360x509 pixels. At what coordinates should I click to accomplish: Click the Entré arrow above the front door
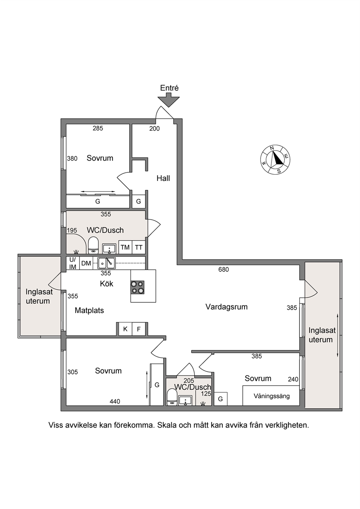(x=169, y=100)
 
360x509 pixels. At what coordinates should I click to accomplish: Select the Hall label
(x=163, y=178)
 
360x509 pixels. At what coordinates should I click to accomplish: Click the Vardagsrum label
(x=226, y=307)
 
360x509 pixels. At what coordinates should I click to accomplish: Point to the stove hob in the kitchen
(x=137, y=287)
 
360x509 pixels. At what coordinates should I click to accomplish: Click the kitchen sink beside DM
(x=107, y=263)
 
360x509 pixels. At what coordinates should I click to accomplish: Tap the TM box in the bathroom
(x=125, y=247)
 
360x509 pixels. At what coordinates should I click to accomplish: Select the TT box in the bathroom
(x=139, y=247)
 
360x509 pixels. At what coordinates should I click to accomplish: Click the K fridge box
(x=125, y=329)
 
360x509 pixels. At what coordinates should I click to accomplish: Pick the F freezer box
(x=139, y=329)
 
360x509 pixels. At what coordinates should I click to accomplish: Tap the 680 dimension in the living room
(x=224, y=270)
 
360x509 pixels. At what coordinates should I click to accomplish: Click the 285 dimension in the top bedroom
(x=98, y=128)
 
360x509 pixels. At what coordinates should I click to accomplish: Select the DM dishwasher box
(x=86, y=263)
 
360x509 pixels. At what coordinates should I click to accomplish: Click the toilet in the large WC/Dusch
(x=93, y=245)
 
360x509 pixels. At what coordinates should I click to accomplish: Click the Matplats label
(x=89, y=311)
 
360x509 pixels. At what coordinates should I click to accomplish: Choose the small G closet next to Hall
(x=138, y=201)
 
